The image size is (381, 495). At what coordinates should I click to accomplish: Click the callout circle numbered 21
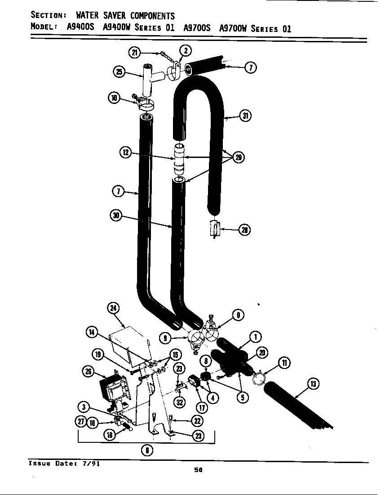pos(134,53)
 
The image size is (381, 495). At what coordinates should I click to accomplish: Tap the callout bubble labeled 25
pos(119,72)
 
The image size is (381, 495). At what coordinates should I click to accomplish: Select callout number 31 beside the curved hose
pos(245,116)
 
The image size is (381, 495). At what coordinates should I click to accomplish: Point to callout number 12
pos(125,153)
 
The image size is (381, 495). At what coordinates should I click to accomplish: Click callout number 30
pos(116,215)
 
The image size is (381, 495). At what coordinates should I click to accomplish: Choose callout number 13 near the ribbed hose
pos(313,383)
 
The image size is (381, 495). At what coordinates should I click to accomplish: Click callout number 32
pos(180,402)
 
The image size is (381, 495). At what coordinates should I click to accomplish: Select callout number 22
pos(197,421)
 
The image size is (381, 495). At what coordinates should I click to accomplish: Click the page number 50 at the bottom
pos(198,470)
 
